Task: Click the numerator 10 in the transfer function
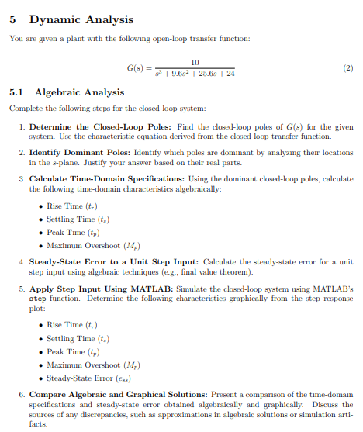pos(195,61)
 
